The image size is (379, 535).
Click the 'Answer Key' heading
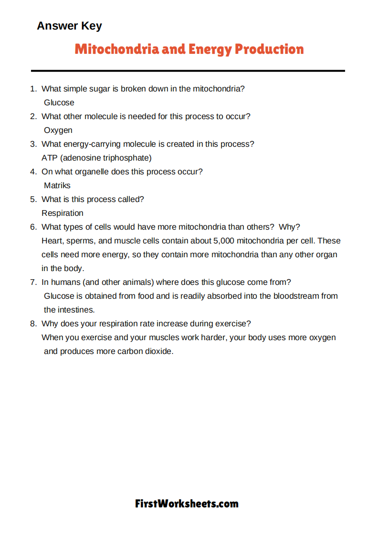pos(69,26)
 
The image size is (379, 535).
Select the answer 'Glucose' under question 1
pos(59,102)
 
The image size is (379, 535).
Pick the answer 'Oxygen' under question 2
pos(58,130)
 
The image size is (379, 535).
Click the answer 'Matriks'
pos(57,185)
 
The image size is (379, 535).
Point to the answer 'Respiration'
pos(63,213)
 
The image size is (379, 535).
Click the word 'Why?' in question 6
pos(289,227)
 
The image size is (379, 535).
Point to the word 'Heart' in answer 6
pos(52,241)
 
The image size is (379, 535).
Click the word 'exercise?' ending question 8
pos(232,323)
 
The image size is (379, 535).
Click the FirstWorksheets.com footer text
pos(187,504)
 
